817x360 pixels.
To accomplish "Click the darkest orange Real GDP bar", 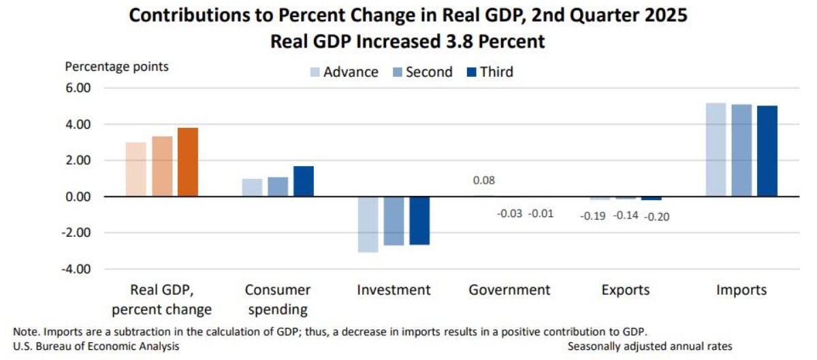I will coord(187,162).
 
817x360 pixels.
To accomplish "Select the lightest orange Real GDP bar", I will coord(136,169).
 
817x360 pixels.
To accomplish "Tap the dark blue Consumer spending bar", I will coord(304,181).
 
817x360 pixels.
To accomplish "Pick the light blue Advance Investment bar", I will coord(368,225).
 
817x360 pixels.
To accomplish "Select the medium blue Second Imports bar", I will coord(741,150).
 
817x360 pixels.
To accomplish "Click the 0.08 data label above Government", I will coord(484,181).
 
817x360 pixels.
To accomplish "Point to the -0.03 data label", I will coord(509,214).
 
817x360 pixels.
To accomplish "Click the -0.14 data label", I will coord(626,216).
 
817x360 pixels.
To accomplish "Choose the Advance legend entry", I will coord(344,72).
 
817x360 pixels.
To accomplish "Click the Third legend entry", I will coord(489,72).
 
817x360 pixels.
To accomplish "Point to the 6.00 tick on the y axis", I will coord(78,88).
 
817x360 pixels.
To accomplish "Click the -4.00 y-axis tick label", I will coord(77,269).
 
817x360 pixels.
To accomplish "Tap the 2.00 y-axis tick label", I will coord(78,161).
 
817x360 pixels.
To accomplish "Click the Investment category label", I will coord(394,290).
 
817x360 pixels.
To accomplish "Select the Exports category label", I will coord(625,290).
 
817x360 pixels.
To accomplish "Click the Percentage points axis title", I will coord(116,67).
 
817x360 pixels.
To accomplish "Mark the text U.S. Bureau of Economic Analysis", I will coord(96,346).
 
